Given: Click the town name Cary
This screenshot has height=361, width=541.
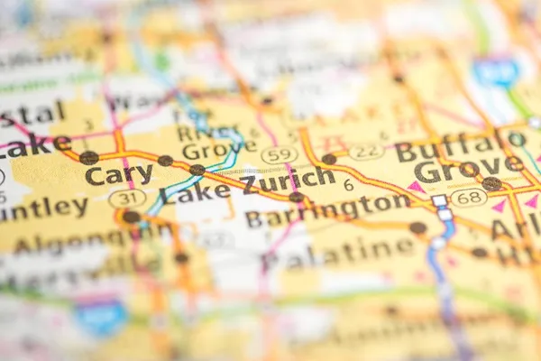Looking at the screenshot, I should pos(119,174).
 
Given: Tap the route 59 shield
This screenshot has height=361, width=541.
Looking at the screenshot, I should pos(280,155).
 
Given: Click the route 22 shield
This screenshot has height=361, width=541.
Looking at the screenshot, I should pos(366,152).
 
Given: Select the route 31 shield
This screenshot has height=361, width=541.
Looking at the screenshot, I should pos(127,198).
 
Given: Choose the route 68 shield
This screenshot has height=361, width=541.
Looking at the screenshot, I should pos(469,197).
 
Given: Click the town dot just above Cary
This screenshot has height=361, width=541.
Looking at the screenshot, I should pos(88,158).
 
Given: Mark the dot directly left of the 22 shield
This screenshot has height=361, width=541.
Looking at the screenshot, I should pos(329,159).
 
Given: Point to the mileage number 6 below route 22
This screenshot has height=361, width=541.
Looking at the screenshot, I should pos(349,184).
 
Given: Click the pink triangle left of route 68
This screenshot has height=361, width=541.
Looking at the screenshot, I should pos(417,187).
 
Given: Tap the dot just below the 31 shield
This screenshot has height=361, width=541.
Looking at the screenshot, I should pos(132,217).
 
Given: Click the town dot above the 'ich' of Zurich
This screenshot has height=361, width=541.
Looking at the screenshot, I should pos(296,197).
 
